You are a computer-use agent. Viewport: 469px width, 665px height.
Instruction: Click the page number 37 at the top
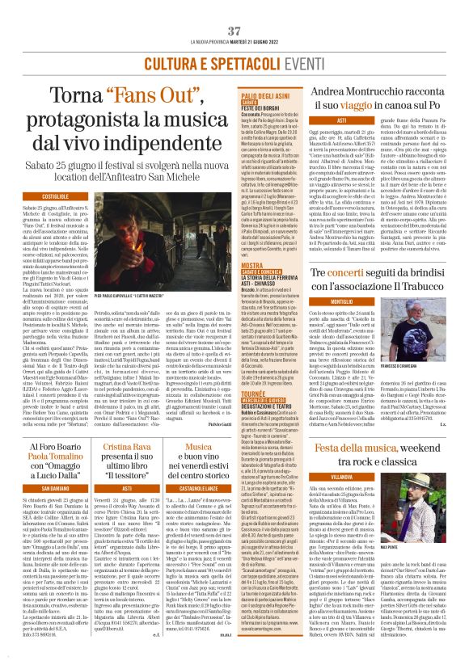[x=234, y=30]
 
